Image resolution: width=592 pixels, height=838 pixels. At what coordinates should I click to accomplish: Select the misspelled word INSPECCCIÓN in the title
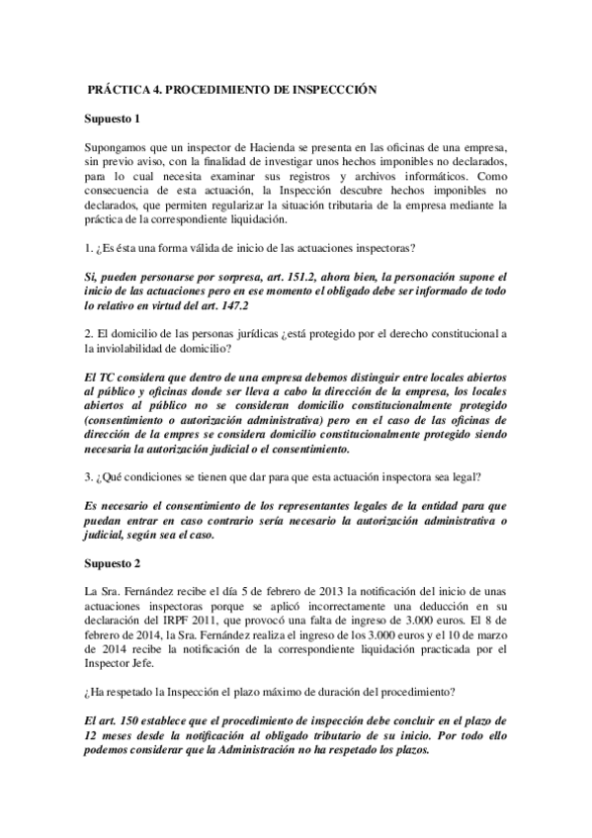pos(335,88)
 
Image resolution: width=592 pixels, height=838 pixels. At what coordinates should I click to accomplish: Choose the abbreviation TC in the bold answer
pos(111,378)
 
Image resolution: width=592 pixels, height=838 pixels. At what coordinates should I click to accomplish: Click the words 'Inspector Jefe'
pos(124,663)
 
